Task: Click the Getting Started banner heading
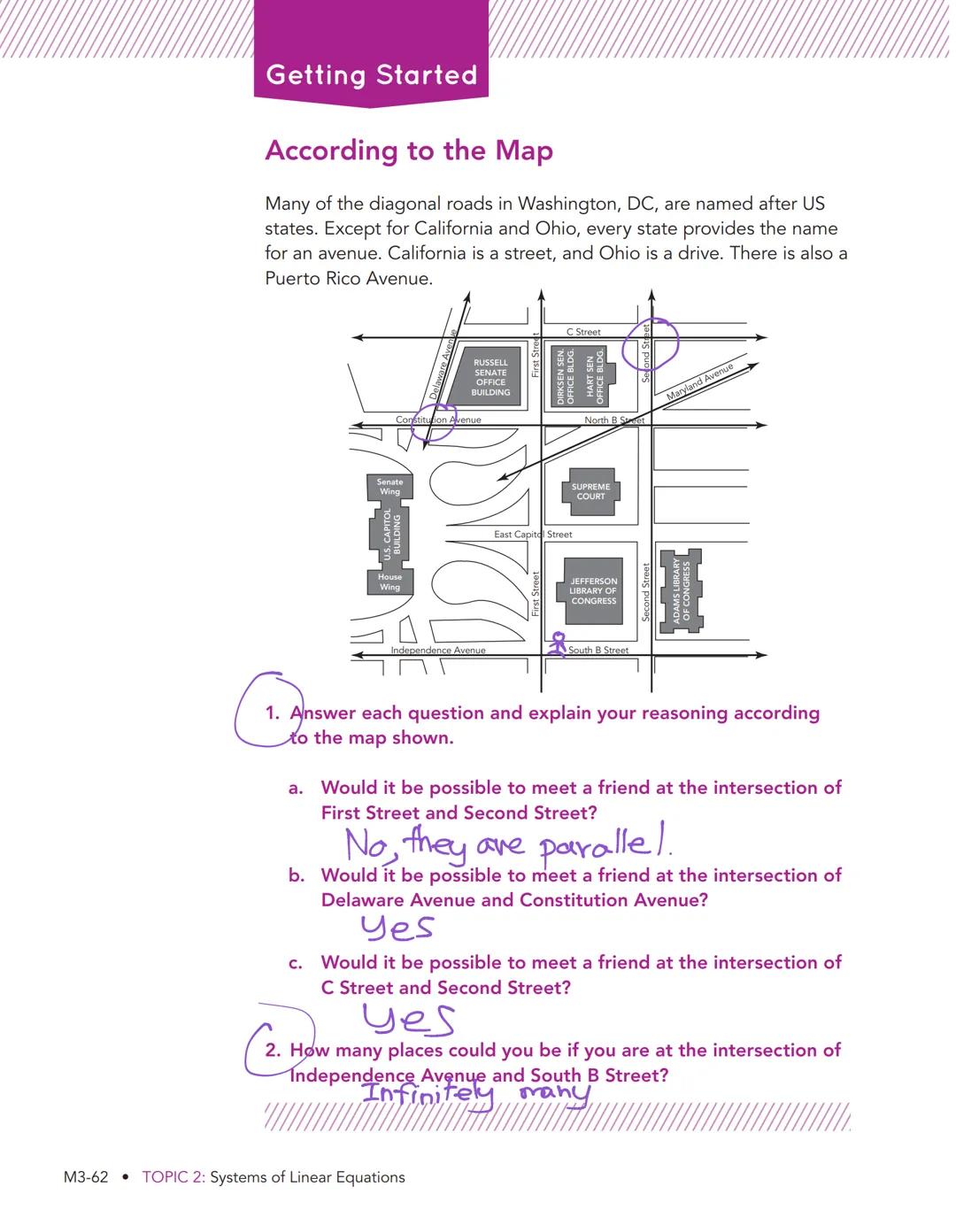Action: (x=371, y=74)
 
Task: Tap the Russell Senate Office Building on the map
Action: (x=490, y=377)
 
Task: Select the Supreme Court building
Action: (x=590, y=491)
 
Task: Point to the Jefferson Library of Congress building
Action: (x=593, y=590)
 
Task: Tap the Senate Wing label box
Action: (x=389, y=487)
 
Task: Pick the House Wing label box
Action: (x=389, y=582)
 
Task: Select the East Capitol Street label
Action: (x=533, y=535)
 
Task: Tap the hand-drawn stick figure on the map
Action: (x=558, y=644)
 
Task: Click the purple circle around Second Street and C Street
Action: (x=650, y=344)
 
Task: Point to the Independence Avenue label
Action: (x=438, y=650)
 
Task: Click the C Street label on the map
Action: (x=583, y=332)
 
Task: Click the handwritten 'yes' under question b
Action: (x=397, y=928)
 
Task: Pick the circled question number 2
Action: (x=274, y=1050)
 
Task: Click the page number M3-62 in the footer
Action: (x=86, y=1177)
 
